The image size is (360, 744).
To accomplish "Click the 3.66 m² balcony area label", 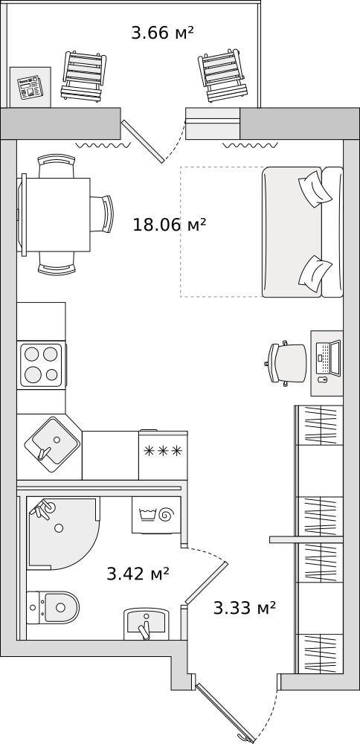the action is click(162, 33).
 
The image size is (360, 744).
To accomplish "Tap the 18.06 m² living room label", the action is click(169, 225).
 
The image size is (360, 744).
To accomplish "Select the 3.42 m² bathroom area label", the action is click(138, 574).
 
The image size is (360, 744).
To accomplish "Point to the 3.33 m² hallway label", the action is click(244, 608).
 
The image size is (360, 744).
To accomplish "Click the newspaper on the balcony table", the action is click(29, 89).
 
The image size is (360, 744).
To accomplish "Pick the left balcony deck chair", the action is click(83, 77).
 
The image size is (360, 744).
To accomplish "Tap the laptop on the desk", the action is click(328, 359).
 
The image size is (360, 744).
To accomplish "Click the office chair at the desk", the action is click(286, 363).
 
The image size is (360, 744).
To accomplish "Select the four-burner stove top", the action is click(41, 365).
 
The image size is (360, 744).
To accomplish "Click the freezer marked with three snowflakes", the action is click(163, 455).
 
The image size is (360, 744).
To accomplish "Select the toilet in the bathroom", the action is click(52, 607).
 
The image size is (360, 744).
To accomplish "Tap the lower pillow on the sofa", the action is click(315, 274).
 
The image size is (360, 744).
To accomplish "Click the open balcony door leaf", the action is click(143, 141).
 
